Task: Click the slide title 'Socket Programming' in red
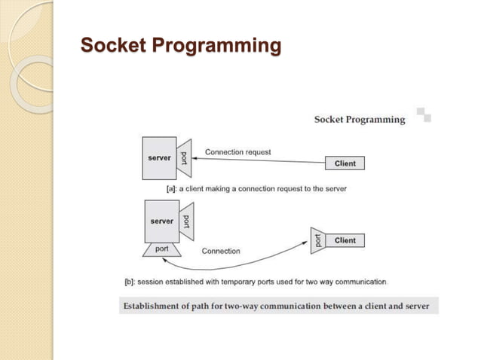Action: pyautogui.click(x=180, y=47)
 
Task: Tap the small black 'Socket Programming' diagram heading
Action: pyautogui.click(x=359, y=119)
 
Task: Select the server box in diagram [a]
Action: pyautogui.click(x=159, y=158)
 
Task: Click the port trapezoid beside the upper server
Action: pyautogui.click(x=185, y=158)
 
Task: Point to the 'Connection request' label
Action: pyautogui.click(x=237, y=152)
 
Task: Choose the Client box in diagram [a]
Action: pyautogui.click(x=345, y=163)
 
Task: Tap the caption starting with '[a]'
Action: pyautogui.click(x=256, y=188)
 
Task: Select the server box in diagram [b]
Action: pyautogui.click(x=161, y=221)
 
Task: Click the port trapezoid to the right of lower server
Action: pyautogui.click(x=186, y=221)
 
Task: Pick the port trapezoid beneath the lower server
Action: pyautogui.click(x=162, y=249)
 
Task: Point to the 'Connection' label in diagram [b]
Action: pyautogui.click(x=221, y=251)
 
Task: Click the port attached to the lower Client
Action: pyautogui.click(x=317, y=241)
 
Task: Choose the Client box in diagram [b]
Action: pyautogui.click(x=345, y=240)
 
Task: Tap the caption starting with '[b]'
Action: pyautogui.click(x=256, y=282)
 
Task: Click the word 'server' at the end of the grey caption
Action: pyautogui.click(x=415, y=306)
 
